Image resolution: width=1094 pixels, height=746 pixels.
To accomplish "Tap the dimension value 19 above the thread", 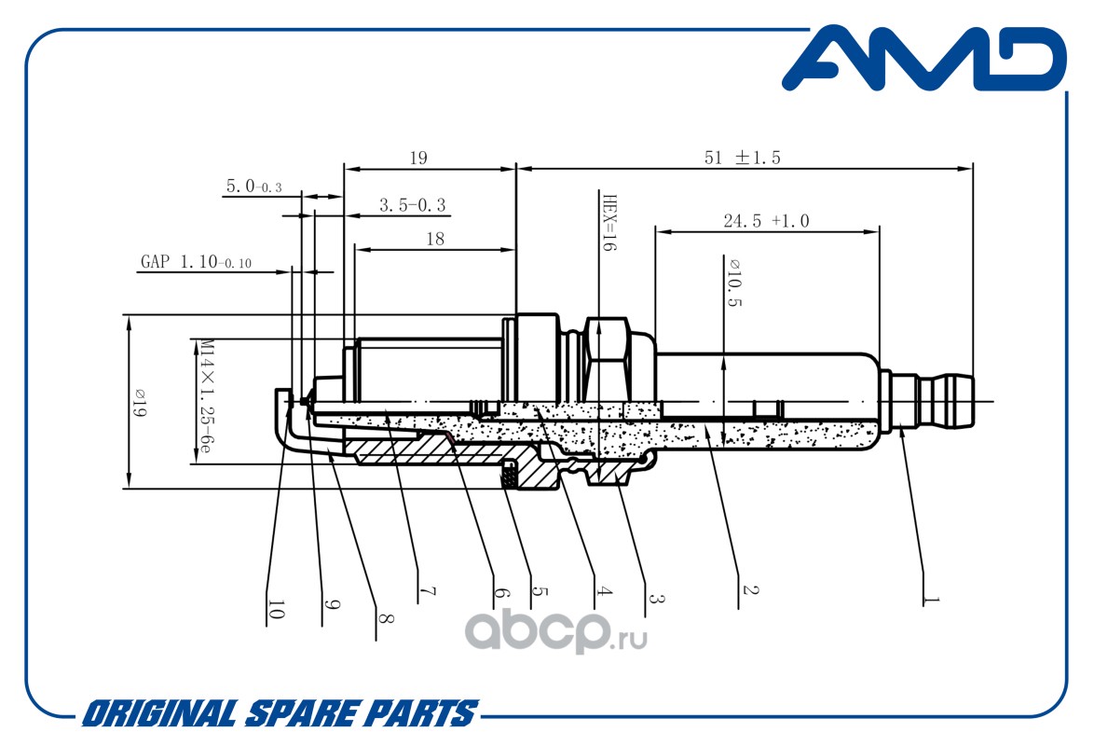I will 417,159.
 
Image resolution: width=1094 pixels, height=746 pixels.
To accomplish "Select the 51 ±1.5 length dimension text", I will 742,159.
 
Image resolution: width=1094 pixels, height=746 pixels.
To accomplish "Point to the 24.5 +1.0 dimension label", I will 766,221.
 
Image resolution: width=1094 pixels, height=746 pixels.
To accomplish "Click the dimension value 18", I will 434,239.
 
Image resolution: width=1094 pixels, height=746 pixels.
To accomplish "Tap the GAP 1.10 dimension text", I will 197,262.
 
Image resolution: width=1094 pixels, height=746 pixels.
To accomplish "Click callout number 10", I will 276,610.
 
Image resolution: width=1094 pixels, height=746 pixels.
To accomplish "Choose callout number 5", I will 538,593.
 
